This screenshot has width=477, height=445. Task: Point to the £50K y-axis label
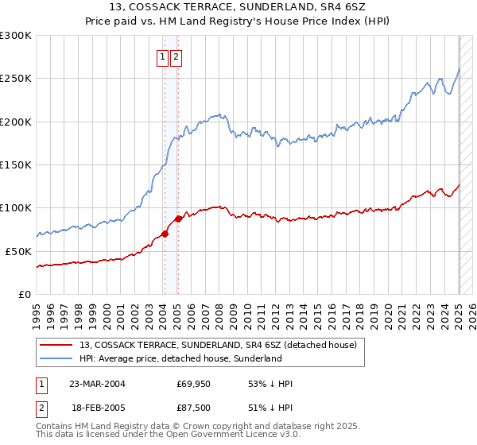[x=18, y=251]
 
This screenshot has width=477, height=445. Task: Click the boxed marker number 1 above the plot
[x=162, y=56]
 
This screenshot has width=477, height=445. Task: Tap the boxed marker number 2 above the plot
[x=176, y=56]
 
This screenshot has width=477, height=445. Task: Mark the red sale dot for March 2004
[x=165, y=234]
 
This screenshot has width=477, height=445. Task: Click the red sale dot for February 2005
[x=177, y=219]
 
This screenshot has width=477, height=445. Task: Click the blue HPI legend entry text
[x=180, y=359]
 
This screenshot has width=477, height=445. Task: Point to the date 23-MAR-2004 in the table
[x=96, y=384]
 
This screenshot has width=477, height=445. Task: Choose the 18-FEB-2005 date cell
[x=96, y=410]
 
